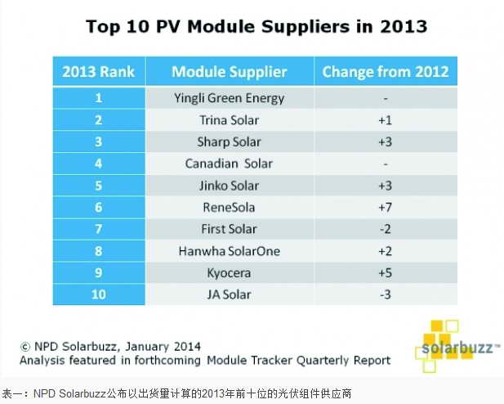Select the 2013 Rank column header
point(98,71)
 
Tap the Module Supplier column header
point(230,71)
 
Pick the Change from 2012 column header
point(385,71)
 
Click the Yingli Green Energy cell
point(230,98)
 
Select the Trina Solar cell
point(230,120)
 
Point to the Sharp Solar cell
point(230,141)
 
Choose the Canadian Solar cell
point(230,164)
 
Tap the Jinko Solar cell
point(230,186)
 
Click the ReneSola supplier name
point(230,208)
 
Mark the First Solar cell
point(230,229)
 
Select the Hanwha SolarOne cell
point(230,251)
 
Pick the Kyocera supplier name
point(230,273)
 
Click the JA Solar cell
point(230,294)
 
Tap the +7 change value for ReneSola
point(385,208)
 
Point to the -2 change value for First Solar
point(385,229)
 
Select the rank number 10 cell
point(98,294)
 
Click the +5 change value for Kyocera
point(385,273)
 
